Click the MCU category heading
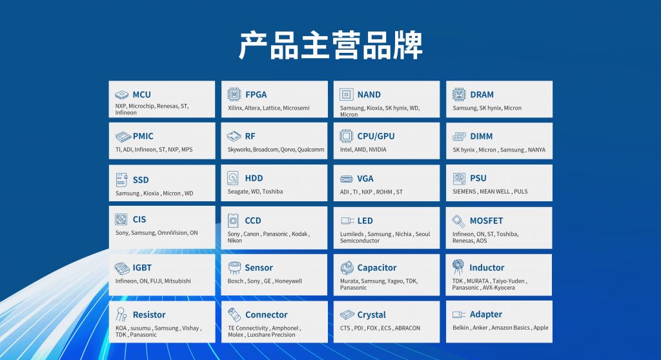click(141, 94)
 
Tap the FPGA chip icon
click(234, 94)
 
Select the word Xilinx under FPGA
click(235, 108)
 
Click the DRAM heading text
click(482, 94)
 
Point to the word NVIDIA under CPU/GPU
click(377, 150)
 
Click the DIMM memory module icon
click(459, 136)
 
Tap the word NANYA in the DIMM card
click(536, 150)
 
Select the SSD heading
click(141, 180)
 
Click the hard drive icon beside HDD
click(233, 178)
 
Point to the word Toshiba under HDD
click(272, 192)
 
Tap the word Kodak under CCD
click(300, 234)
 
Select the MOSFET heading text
click(487, 221)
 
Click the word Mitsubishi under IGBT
click(178, 281)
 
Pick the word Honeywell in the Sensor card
click(289, 281)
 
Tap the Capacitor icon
click(347, 267)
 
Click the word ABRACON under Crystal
click(408, 328)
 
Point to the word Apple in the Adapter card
click(541, 328)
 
